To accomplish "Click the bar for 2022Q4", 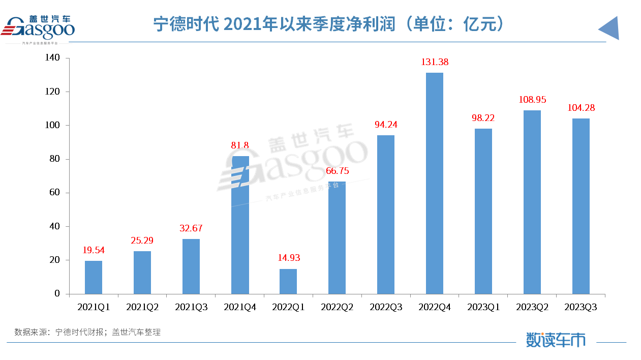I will [435, 183].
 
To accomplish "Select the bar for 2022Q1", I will [288, 281].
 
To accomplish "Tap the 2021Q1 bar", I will [94, 277].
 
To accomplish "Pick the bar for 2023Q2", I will [532, 202].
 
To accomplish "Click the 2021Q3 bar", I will [191, 266].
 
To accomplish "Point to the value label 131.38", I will [435, 62].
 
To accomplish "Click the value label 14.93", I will [288, 258].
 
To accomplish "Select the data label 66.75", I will [337, 171].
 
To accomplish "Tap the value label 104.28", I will [581, 108].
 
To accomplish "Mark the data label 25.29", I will [142, 240].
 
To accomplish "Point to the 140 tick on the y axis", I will [52, 58].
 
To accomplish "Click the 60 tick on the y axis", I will [54, 193].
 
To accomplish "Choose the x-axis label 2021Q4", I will [240, 307].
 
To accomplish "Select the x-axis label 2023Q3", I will [581, 307].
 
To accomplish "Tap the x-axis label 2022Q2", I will [337, 307].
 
